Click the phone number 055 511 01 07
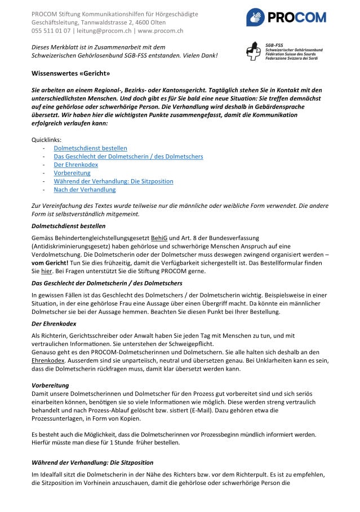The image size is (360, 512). [51, 31]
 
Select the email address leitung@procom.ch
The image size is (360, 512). [105, 31]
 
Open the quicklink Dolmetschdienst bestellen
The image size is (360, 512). [90, 148]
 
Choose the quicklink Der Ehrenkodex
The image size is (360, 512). [75, 164]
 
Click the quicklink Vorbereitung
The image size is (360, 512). [72, 173]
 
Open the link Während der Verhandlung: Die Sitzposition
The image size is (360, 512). [113, 181]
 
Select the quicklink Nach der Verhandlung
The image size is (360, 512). [85, 190]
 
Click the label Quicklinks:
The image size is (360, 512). [46, 140]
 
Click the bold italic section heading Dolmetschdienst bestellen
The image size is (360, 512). [68, 226]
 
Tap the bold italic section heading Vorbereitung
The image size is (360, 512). [51, 385]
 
